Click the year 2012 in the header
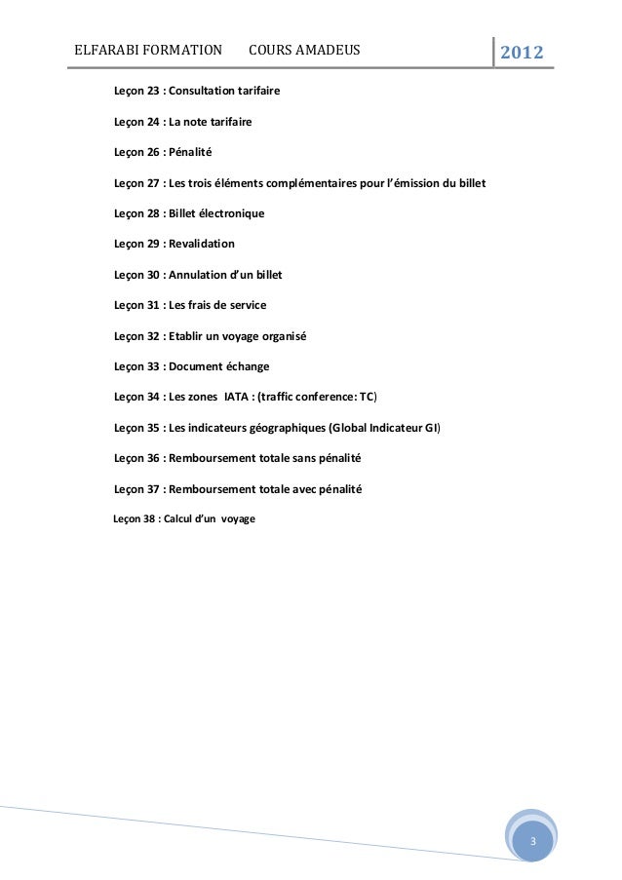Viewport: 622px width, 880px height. (523, 51)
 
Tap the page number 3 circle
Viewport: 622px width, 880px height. (532, 840)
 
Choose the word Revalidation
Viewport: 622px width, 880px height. (202, 244)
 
